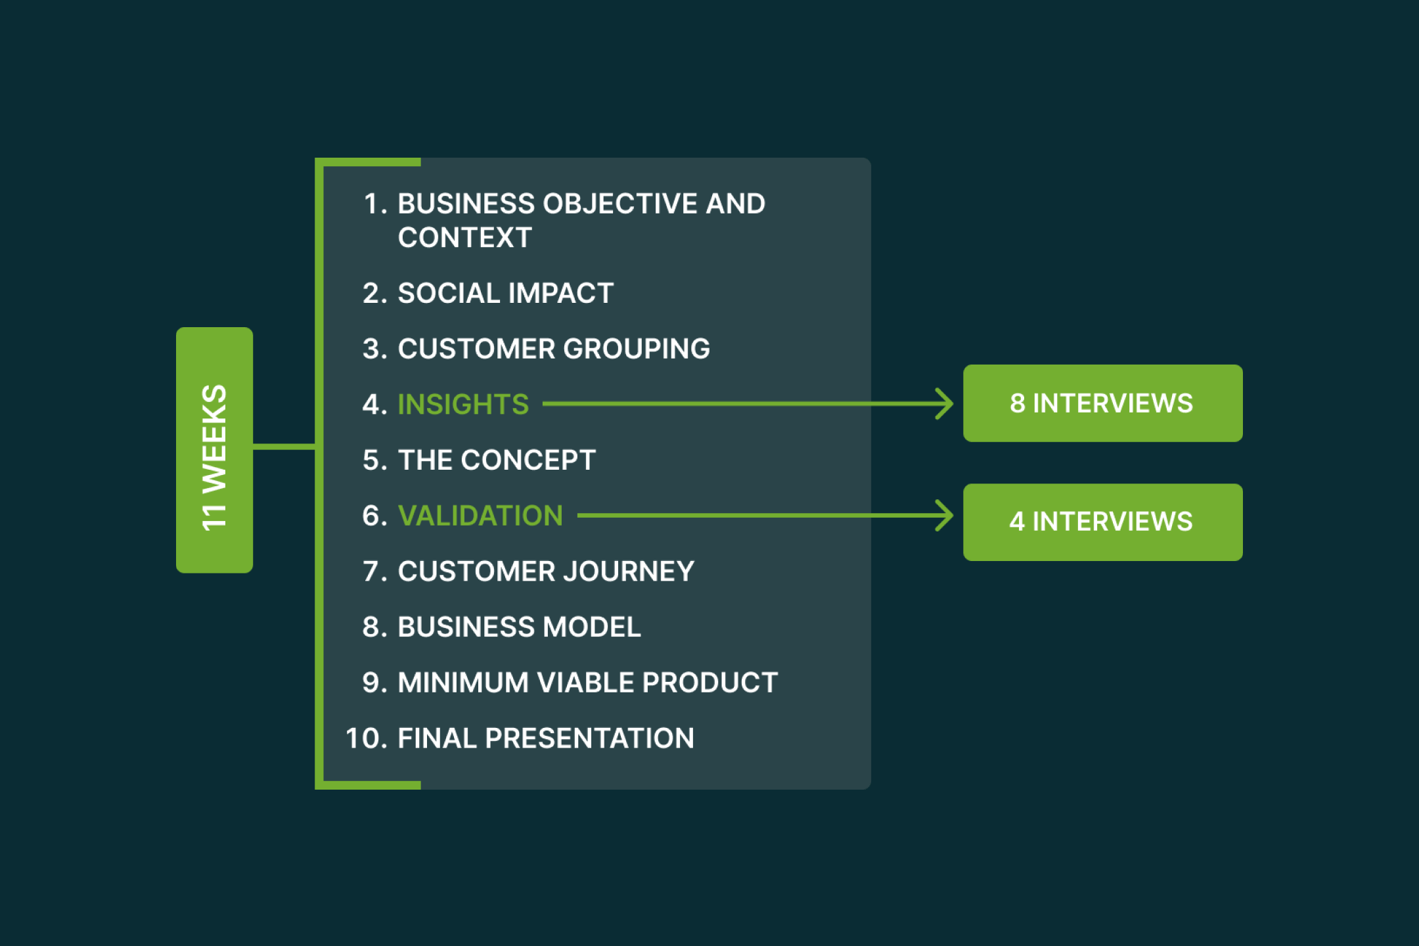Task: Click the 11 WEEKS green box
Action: point(214,450)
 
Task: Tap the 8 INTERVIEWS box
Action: point(1102,403)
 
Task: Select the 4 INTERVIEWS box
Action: point(1102,522)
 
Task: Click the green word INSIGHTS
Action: point(463,404)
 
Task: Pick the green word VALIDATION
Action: point(480,516)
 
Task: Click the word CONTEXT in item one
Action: point(464,238)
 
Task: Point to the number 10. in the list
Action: point(367,738)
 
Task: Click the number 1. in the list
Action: point(376,204)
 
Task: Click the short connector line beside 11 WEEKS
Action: point(284,447)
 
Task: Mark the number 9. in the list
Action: point(375,683)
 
